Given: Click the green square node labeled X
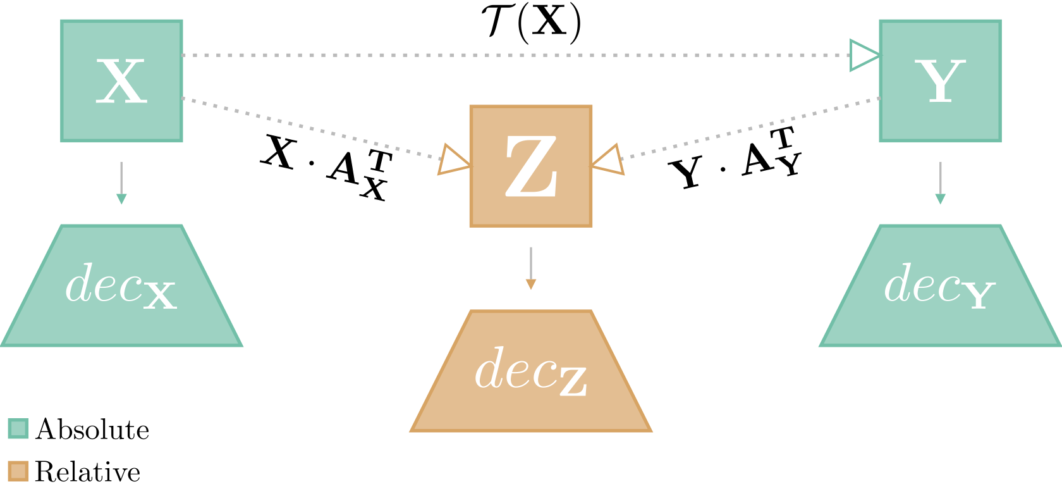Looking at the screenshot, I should (x=121, y=80).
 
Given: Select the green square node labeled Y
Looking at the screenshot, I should (x=940, y=80).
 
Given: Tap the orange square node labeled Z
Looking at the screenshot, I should (x=531, y=166).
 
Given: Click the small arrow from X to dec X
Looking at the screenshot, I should (x=121, y=183).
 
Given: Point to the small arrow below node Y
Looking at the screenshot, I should (x=940, y=183).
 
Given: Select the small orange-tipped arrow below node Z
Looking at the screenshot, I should (x=531, y=268).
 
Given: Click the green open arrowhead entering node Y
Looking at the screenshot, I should (x=864, y=56).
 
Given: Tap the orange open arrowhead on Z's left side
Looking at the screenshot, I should (x=453, y=160).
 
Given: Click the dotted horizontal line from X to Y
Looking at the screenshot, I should (x=506, y=56).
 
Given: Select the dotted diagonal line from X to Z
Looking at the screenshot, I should (x=310, y=128).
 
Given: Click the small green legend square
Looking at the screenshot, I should (x=18, y=428).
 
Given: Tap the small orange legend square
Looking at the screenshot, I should (x=18, y=471).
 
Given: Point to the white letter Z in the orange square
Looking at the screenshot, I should (x=531, y=166).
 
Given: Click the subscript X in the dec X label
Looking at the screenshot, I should (x=160, y=295).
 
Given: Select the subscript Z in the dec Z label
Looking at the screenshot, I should (x=573, y=382).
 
